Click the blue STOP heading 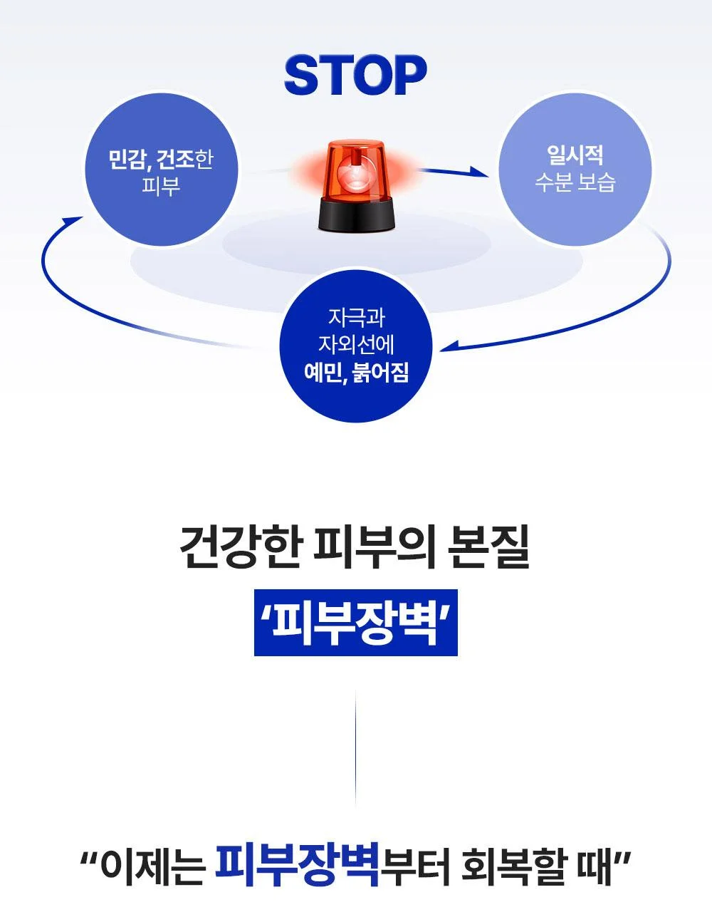coord(355,76)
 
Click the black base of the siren coord(355,215)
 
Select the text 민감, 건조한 coord(161,159)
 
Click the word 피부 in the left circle coord(161,185)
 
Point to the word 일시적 coord(575,155)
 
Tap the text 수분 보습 coord(575,182)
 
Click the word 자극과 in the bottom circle coord(356,317)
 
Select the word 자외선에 coord(356,344)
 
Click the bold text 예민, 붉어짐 coord(356,372)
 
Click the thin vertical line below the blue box coord(355,749)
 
